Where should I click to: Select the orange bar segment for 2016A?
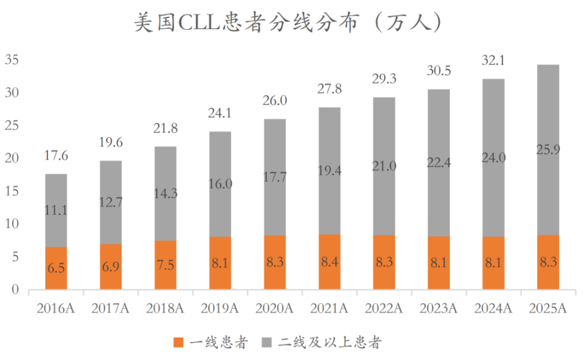point(56,268)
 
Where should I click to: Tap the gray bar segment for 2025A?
point(548,150)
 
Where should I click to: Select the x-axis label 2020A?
point(275,309)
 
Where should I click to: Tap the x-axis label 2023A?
point(439,309)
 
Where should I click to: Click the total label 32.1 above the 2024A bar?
point(493,61)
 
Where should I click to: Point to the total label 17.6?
point(56,157)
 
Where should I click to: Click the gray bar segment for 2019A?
point(220,184)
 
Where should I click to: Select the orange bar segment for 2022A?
point(384,262)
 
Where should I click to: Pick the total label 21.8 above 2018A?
point(165,129)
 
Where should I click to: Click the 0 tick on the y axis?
point(16,290)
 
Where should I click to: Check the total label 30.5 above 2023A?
point(439,71)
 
